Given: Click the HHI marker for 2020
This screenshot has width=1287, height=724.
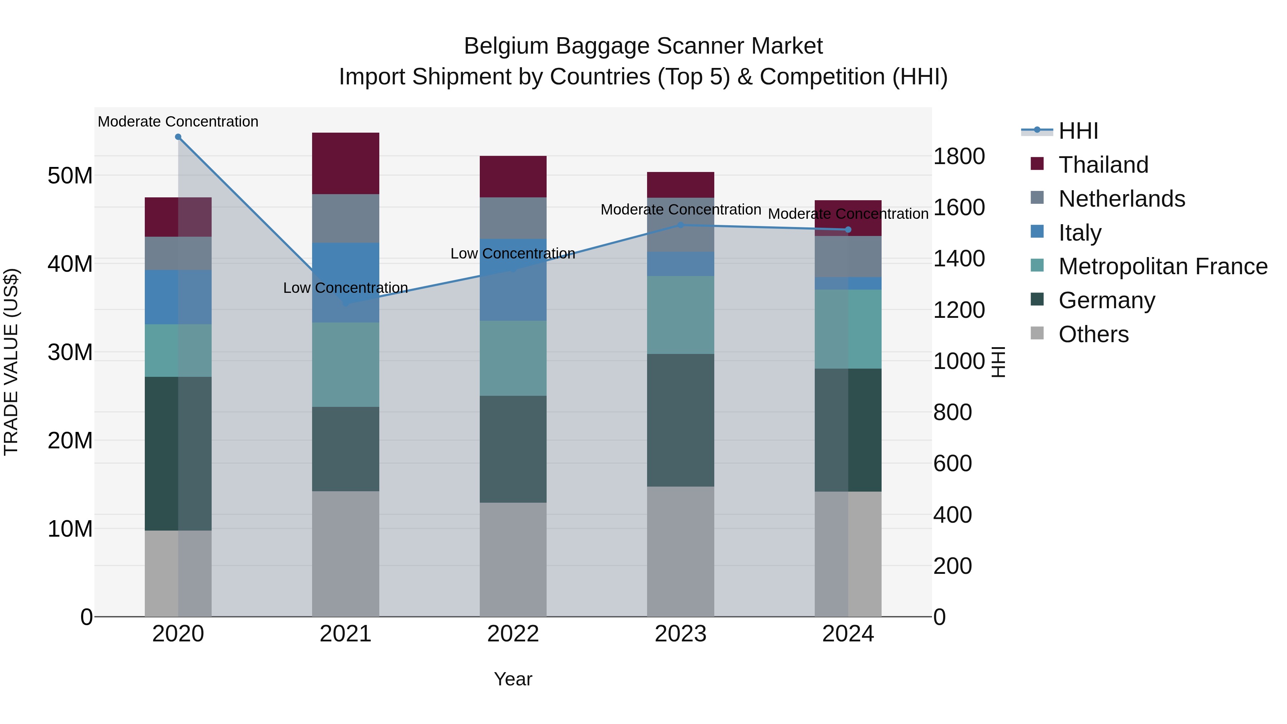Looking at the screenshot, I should (178, 137).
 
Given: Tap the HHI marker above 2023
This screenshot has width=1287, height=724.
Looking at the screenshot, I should (680, 225).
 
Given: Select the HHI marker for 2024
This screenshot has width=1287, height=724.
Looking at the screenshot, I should (848, 230).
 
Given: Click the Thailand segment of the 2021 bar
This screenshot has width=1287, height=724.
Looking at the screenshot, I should (345, 163).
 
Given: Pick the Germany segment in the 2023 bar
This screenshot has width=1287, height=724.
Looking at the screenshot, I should (680, 420).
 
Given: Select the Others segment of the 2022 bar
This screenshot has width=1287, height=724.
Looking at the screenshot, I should (513, 559).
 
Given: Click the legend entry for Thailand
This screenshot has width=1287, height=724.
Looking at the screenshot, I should (1103, 165).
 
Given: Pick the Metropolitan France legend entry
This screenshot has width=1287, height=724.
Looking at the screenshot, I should (1162, 266).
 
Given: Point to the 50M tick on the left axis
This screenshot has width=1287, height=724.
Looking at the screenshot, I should (70, 176).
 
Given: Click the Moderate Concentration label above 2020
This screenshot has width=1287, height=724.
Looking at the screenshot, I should (178, 122).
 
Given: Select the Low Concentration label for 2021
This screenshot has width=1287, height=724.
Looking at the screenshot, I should (345, 288).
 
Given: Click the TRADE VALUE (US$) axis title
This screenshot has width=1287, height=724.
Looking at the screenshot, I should (11, 362).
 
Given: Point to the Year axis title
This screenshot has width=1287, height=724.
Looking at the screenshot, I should (513, 679).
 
